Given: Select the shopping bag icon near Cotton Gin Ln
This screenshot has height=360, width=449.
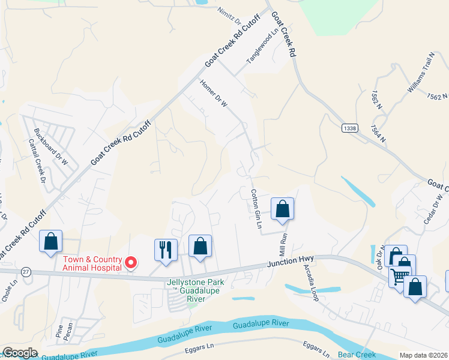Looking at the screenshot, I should [282, 209].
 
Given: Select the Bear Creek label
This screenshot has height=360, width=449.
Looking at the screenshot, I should [355, 355].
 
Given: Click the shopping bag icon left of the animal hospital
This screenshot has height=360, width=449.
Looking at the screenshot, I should [51, 241].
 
